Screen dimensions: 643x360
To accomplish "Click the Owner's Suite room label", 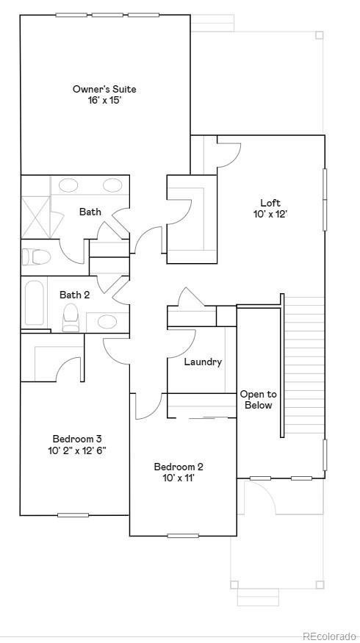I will point(104,89).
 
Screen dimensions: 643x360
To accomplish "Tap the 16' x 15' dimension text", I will point(104,101).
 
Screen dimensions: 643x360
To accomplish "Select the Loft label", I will point(270,203).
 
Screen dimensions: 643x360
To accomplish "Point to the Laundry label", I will point(203,362).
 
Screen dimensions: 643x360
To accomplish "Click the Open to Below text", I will point(258,400).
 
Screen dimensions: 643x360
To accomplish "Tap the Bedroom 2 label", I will point(179,466).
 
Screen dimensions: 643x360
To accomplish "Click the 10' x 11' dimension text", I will point(179,478).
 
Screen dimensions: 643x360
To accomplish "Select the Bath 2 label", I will point(75,295).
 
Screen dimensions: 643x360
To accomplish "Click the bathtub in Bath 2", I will point(35,303).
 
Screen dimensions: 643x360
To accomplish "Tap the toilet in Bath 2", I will point(71,318).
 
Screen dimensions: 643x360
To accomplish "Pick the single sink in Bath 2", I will point(107,322).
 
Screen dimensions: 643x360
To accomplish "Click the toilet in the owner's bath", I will point(35,256).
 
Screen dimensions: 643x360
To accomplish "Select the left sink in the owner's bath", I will point(69,185).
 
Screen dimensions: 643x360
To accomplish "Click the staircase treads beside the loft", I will point(303,367).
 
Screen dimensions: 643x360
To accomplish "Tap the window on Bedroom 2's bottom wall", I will point(183,535).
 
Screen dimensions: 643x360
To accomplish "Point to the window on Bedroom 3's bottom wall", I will point(73,514).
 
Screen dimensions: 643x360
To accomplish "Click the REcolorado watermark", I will point(328,635).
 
